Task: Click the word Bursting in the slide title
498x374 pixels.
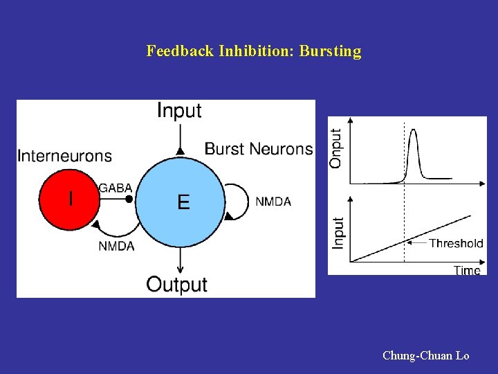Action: (x=330, y=51)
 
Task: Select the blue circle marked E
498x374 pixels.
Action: (x=181, y=201)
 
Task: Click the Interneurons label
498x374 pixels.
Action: (x=64, y=156)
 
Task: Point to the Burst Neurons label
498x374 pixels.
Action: (x=259, y=149)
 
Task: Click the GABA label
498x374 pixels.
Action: (x=116, y=188)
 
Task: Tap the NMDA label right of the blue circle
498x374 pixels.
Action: (x=273, y=202)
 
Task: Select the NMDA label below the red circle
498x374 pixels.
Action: (x=116, y=246)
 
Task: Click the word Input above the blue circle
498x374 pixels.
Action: (x=179, y=110)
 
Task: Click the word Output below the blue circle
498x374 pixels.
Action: (x=177, y=284)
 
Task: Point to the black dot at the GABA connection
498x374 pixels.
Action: (x=129, y=199)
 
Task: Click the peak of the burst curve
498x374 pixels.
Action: (x=413, y=130)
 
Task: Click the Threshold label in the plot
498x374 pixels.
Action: (x=456, y=243)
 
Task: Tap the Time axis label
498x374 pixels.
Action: (x=467, y=270)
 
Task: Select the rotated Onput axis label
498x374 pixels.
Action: (x=336, y=148)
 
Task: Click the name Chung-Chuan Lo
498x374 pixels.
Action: (x=425, y=356)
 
